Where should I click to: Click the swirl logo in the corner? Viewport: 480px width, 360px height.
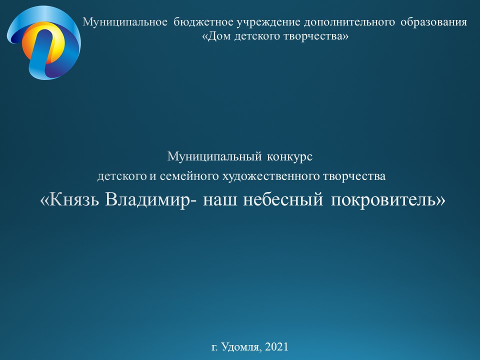click(44, 43)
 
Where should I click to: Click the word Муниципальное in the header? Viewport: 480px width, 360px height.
click(125, 22)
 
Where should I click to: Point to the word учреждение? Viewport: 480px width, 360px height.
click(269, 22)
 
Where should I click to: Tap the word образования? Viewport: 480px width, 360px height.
click(434, 22)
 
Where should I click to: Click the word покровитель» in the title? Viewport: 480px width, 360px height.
click(388, 200)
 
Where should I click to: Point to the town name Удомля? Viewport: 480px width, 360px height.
click(241, 347)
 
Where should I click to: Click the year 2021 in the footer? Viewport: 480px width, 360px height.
click(276, 347)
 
